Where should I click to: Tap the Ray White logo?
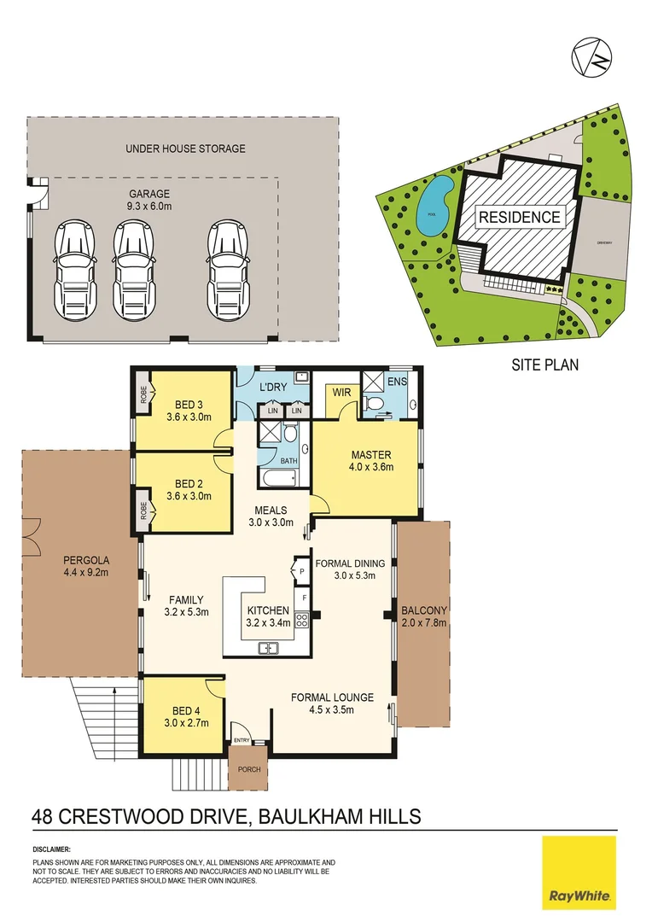pyautogui.click(x=579, y=872)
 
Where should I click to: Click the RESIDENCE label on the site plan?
pyautogui.click(x=519, y=217)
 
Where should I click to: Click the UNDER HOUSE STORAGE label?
pyautogui.click(x=185, y=149)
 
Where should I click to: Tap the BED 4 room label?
pyautogui.click(x=183, y=710)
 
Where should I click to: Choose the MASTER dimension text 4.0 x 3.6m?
pyautogui.click(x=368, y=468)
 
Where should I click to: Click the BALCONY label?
pyautogui.click(x=424, y=610)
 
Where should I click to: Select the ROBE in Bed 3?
pyautogui.click(x=143, y=395)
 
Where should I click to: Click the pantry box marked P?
pyautogui.click(x=300, y=567)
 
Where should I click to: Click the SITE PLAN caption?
pyautogui.click(x=544, y=365)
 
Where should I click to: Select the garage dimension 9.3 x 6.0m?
pyautogui.click(x=148, y=205)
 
